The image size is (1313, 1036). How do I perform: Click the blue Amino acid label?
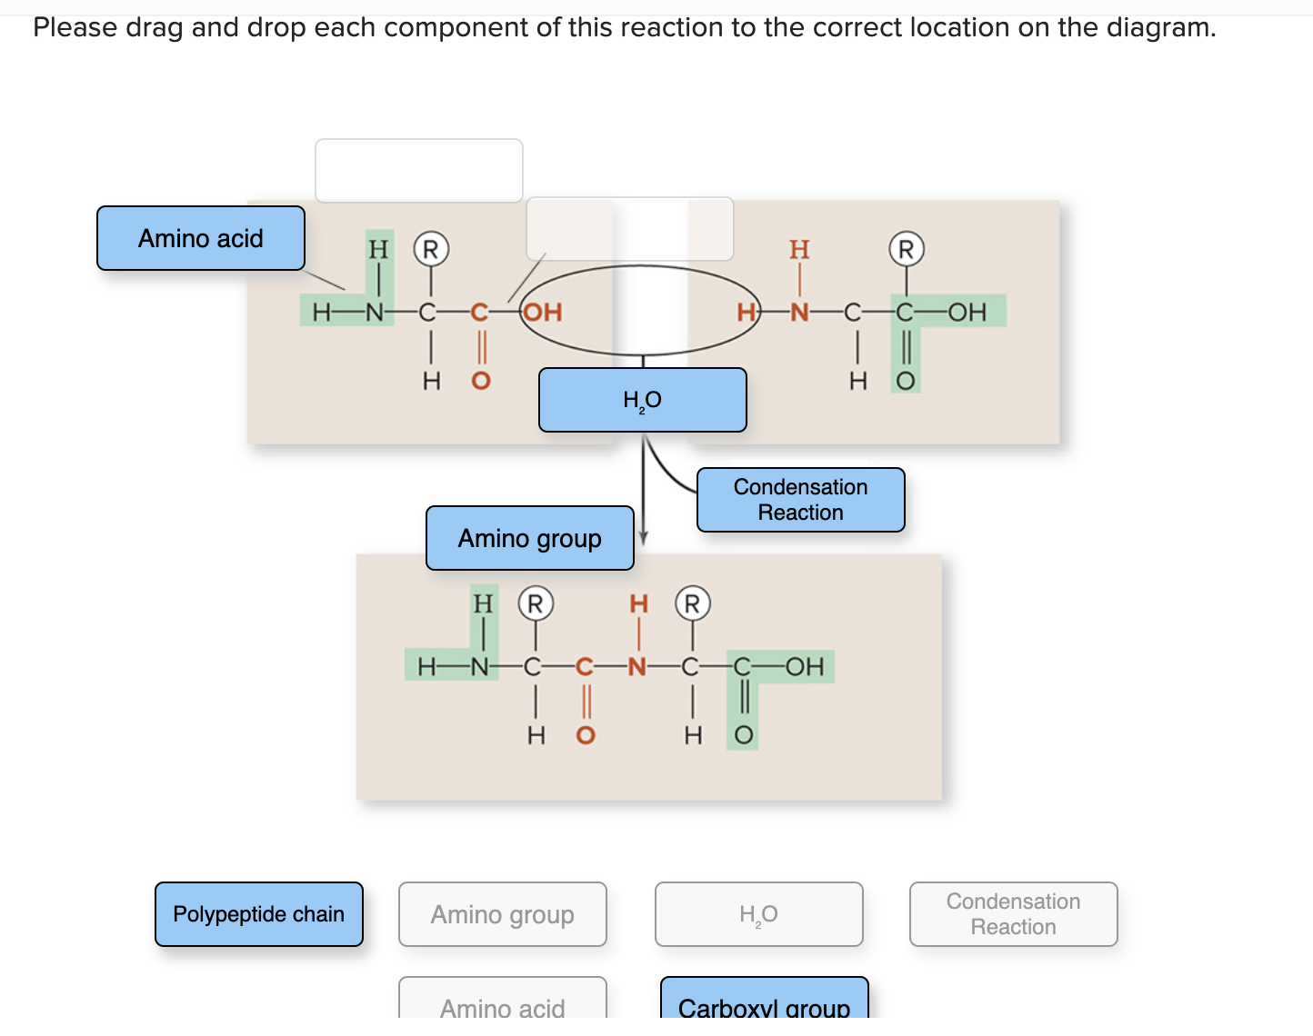pos(201,238)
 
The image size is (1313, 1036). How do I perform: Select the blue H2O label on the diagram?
pos(642,400)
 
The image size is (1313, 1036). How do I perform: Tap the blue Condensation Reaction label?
pos(800,500)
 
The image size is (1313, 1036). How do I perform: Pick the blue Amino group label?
pos(529,538)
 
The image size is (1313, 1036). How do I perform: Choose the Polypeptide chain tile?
pos(259,914)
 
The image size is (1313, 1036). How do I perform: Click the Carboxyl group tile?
pos(764,1004)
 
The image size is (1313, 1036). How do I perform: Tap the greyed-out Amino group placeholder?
pos(502,914)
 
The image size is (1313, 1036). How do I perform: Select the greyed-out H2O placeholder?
pos(758,914)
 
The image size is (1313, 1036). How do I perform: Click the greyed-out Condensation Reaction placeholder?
pos(1013,914)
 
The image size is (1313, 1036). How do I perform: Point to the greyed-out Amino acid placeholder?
pos(502,1004)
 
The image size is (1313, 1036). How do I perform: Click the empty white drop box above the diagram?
pos(419,171)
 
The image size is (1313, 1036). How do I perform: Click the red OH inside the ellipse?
pos(544,313)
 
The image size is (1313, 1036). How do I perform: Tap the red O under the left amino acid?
pos(481,381)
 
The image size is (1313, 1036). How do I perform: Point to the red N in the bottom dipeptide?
pos(637,668)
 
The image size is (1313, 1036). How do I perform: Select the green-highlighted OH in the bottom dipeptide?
pos(805,667)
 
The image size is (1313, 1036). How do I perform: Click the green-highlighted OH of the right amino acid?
pos(967,313)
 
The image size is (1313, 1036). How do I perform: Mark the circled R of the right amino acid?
pos(906,249)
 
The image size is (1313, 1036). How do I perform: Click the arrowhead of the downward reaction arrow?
pos(644,539)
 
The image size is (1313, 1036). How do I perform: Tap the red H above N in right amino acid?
pos(799,249)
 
